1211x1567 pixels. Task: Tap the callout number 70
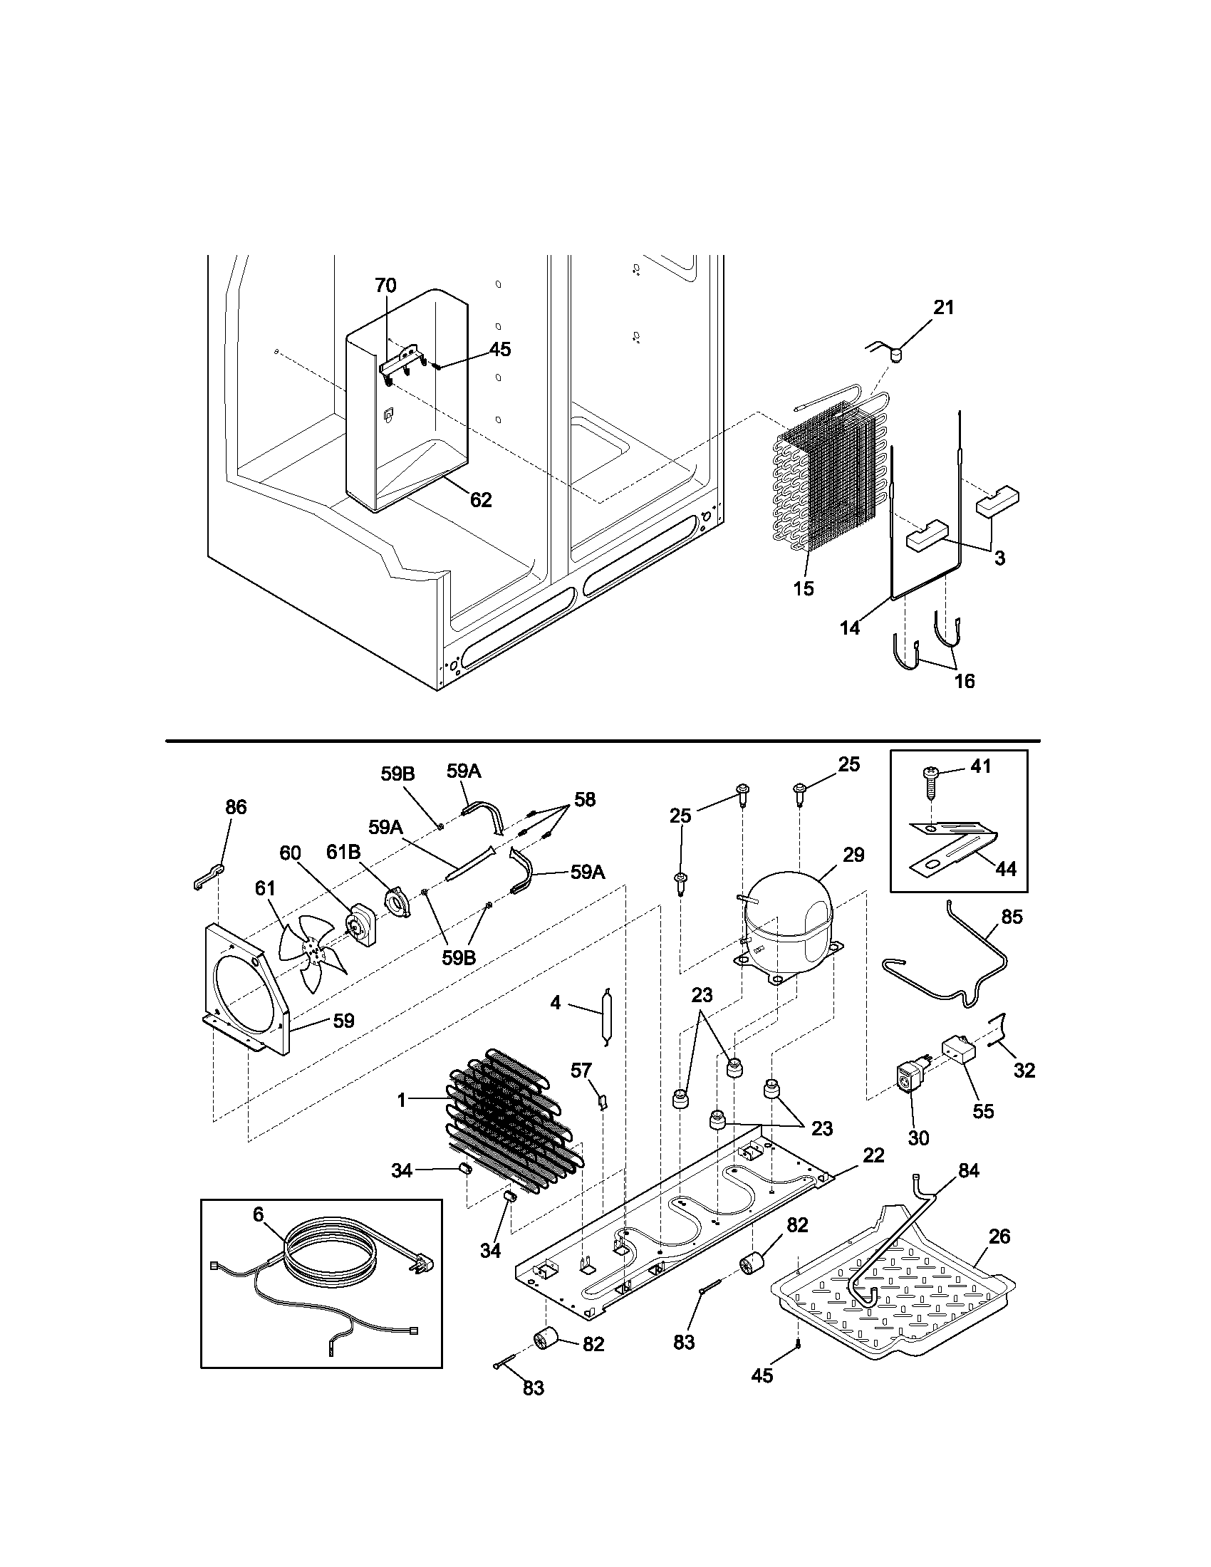(385, 286)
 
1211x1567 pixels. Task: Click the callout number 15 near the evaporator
(804, 588)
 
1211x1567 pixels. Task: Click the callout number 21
(943, 308)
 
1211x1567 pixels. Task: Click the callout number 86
(235, 807)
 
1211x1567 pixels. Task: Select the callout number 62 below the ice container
(481, 500)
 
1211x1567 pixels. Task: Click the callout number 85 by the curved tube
(1012, 917)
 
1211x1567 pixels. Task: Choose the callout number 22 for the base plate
(873, 1155)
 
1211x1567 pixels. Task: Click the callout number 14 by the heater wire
(849, 628)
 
